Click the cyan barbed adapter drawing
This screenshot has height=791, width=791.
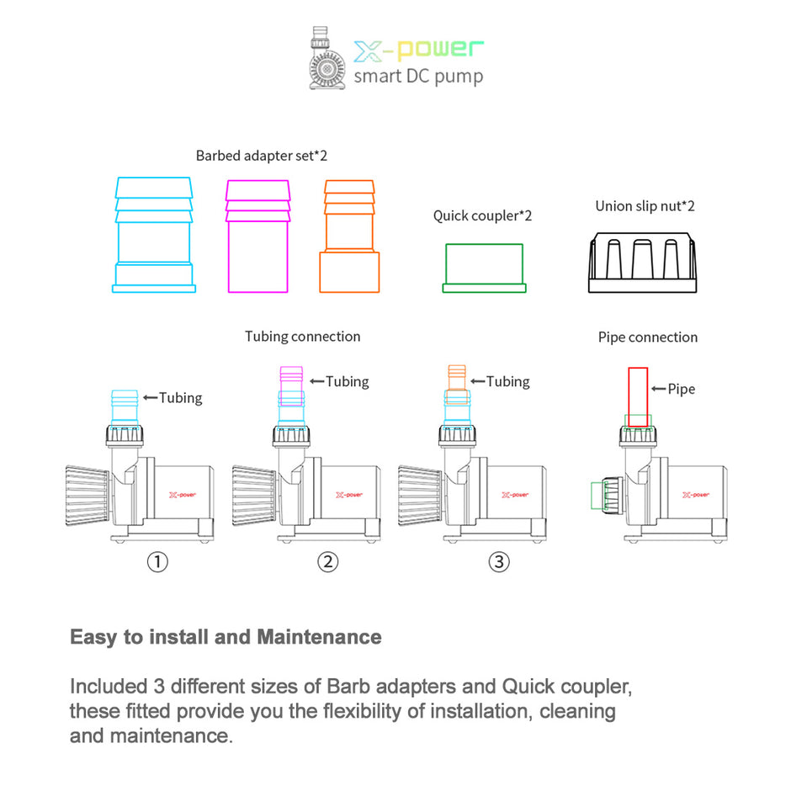pos(154,235)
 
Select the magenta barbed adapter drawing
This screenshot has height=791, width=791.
pos(257,235)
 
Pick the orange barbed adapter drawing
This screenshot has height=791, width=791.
pos(348,236)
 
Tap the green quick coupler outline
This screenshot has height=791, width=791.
pos(484,268)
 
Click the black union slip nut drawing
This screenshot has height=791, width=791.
pos(644,262)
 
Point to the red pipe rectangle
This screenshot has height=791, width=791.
pos(638,396)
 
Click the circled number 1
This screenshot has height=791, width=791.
pos(157,561)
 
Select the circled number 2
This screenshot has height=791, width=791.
pos(327,561)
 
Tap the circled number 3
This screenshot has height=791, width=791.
pos(499,561)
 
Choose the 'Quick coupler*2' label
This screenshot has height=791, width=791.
pos(482,216)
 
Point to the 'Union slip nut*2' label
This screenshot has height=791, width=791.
pos(645,206)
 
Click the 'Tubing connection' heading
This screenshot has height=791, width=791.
pos(302,337)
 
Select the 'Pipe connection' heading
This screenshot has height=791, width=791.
pos(647,337)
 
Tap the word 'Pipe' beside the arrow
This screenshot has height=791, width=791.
pos(681,389)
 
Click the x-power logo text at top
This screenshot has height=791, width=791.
pos(419,50)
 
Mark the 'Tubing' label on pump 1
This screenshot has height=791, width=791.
pos(181,397)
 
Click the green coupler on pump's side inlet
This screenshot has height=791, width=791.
pos(603,496)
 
